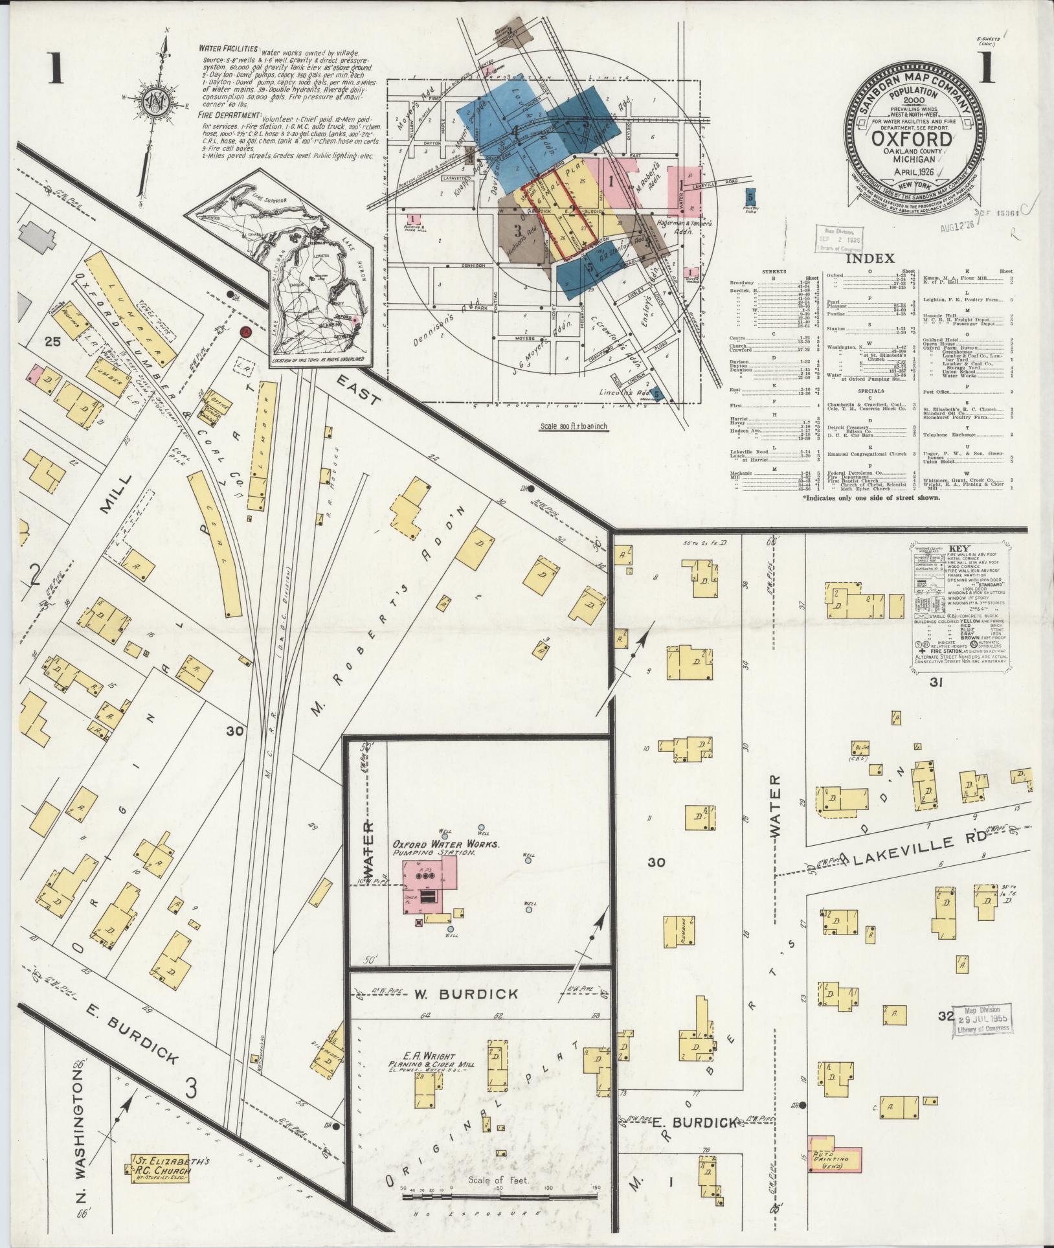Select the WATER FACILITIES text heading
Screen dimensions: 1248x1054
click(x=229, y=49)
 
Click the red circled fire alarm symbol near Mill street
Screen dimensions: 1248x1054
click(x=245, y=332)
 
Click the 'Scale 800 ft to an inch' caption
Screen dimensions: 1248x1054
click(x=574, y=427)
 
